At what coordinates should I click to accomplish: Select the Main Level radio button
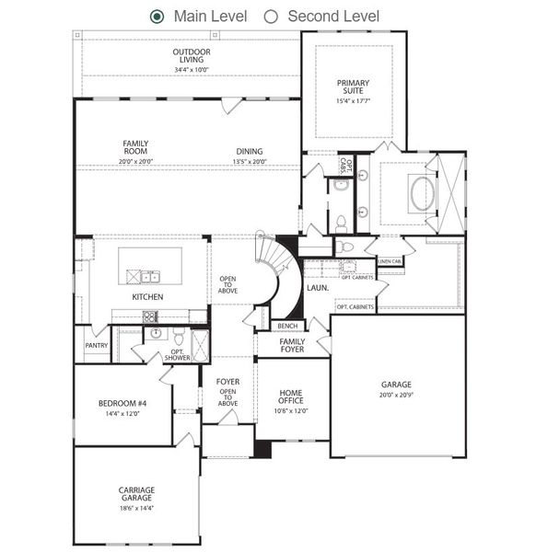[157, 16]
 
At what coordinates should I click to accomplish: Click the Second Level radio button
[271, 16]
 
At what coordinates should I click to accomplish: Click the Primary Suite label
[354, 86]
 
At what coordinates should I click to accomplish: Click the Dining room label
[249, 151]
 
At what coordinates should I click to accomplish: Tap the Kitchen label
[147, 297]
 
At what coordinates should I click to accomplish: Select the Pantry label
[96, 346]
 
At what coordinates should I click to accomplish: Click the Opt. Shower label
[178, 354]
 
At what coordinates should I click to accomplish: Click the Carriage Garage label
[136, 494]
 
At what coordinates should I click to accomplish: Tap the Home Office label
[290, 398]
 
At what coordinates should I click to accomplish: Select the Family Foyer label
[292, 345]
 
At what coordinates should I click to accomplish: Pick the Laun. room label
[319, 287]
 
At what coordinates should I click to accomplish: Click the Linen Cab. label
[390, 261]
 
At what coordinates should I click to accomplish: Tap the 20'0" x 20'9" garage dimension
[396, 395]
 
